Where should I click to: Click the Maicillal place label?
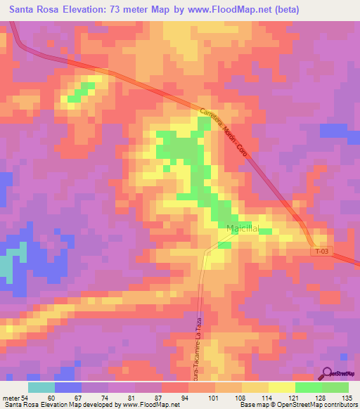pyautogui.click(x=243, y=229)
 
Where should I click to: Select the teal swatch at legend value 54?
pyautogui.click(x=41, y=387)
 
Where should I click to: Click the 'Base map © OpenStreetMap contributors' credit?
pyautogui.click(x=299, y=405)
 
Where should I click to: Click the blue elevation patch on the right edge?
pyautogui.click(x=335, y=131)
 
